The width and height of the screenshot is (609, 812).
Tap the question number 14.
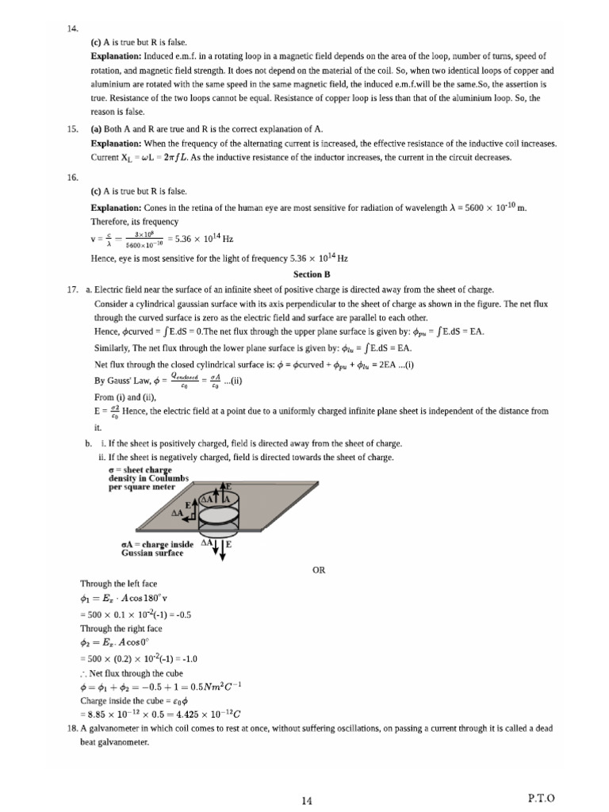(x=72, y=29)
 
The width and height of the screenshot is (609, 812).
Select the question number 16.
(x=72, y=178)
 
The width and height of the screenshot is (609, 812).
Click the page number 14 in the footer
(x=306, y=801)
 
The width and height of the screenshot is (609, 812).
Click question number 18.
(x=72, y=728)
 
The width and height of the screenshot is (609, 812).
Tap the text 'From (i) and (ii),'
(x=125, y=396)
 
